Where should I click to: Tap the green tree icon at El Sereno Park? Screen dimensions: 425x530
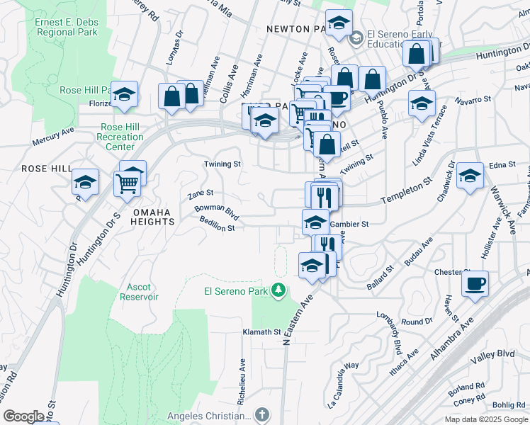pos(279,289)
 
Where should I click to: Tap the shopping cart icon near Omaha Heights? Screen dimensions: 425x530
pos(127,183)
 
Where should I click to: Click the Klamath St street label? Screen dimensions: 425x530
pos(262,331)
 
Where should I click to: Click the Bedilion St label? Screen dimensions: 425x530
pos(217,228)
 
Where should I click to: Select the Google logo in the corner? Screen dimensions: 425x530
pos(23,416)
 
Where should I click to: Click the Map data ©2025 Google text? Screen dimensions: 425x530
pos(485,419)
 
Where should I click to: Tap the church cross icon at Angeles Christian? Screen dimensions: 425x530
pos(262,414)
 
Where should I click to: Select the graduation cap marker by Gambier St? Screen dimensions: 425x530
pos(315,222)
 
